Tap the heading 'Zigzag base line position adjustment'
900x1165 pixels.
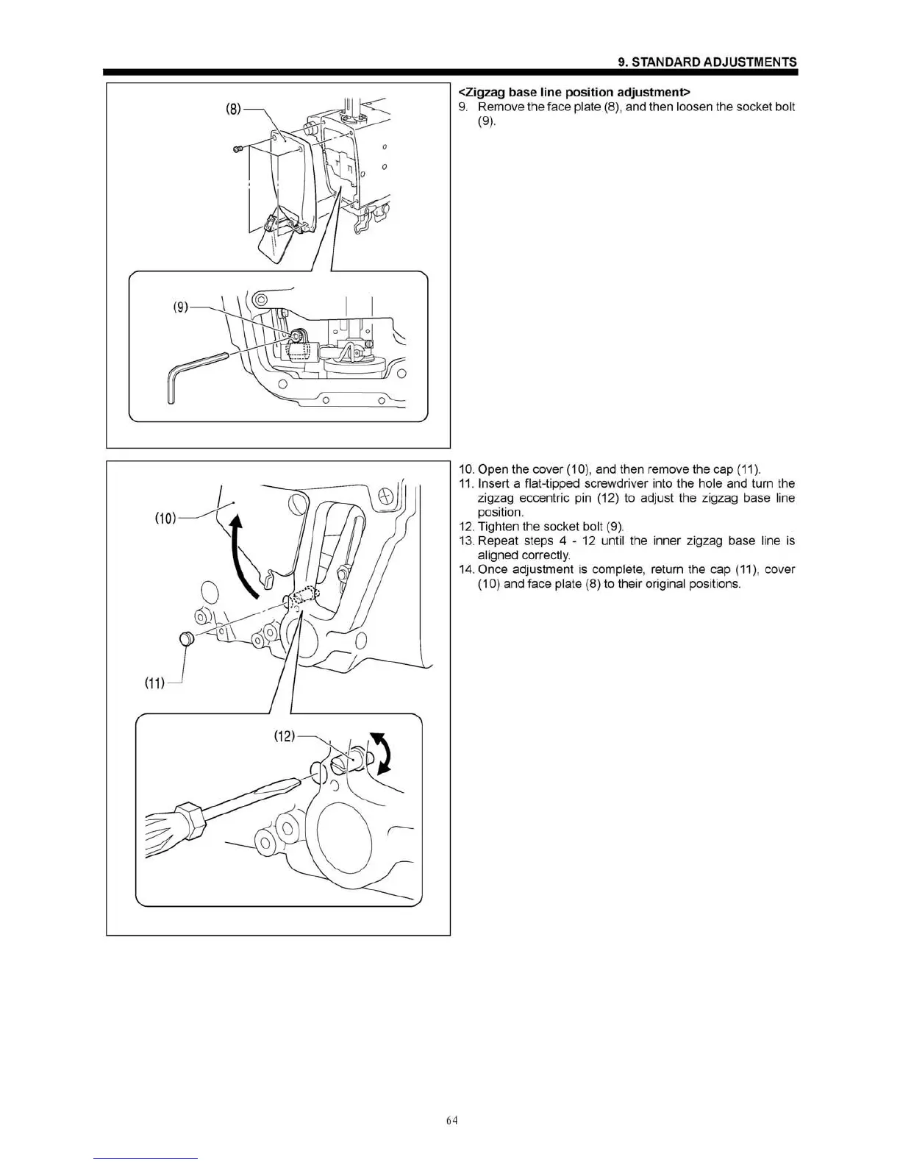coord(574,92)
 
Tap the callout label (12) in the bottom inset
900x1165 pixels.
coord(284,735)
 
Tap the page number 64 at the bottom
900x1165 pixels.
coord(451,1121)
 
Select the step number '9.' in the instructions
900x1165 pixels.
coord(463,107)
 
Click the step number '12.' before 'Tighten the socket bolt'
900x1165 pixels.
coord(466,527)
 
